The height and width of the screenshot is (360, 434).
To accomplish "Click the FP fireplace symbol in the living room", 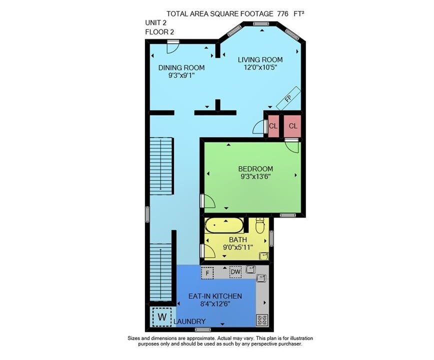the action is tap(288, 98).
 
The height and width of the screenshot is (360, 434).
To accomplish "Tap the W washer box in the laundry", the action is tap(162, 316).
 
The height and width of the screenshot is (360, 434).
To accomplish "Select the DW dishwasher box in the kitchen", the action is tap(235, 272).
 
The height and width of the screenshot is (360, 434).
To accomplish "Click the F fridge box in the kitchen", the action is tap(207, 273).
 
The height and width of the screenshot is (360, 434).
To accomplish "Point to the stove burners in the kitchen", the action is tap(262, 320).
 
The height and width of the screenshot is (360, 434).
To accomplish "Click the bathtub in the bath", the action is tap(224, 225).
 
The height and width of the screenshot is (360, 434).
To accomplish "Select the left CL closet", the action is tap(273, 126).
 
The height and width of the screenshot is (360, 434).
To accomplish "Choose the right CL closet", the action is tap(293, 126).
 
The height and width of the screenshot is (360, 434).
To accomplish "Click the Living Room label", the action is tap(260, 59).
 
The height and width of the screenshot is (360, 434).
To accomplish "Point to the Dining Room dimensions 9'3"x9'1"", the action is tap(181, 75).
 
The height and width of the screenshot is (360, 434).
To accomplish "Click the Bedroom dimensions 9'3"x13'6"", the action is tap(255, 176).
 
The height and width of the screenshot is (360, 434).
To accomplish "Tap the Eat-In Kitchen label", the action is tap(215, 296).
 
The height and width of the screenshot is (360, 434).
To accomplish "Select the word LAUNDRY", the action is tap(189, 321).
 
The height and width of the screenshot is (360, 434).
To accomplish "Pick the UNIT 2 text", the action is tap(156, 22).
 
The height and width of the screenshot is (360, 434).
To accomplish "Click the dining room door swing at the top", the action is tap(172, 47).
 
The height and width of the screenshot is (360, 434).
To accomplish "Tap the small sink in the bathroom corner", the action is tap(263, 255).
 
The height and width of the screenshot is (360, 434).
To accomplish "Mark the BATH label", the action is tap(238, 239).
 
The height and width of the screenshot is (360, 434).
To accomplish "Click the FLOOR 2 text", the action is tap(159, 32).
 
